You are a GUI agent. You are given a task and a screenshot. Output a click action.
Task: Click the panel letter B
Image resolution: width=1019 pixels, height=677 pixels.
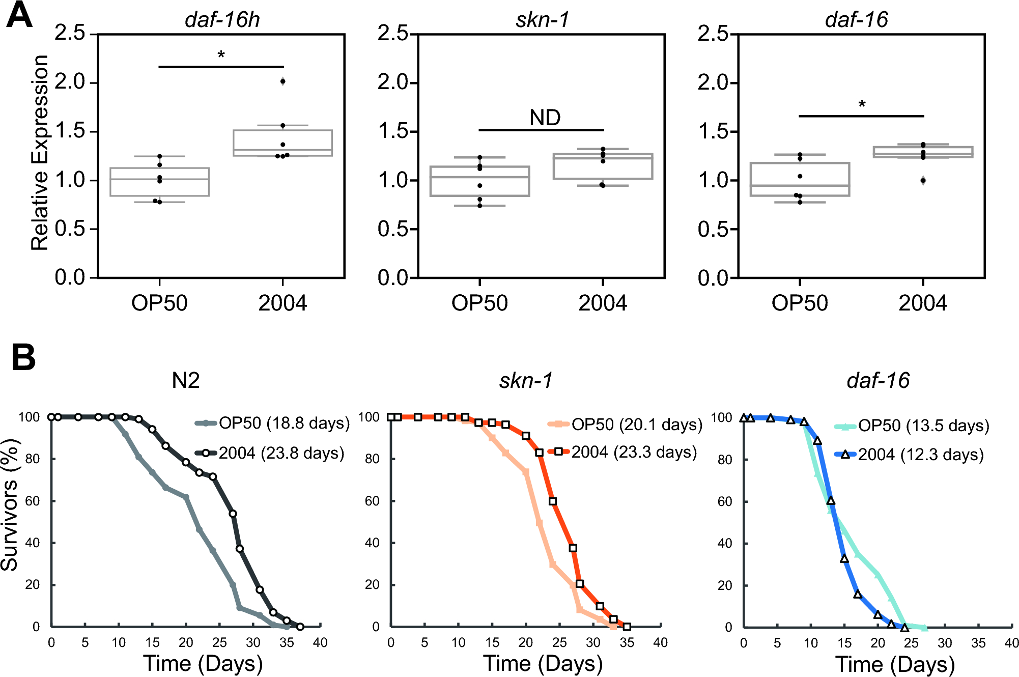[23, 357]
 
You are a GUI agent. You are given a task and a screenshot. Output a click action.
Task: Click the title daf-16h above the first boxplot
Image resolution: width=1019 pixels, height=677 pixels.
[222, 19]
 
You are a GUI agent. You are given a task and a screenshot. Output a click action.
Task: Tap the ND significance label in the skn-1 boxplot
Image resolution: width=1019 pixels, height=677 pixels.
[545, 118]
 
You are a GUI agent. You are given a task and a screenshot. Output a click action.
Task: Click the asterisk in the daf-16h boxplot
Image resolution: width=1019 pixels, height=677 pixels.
[221, 54]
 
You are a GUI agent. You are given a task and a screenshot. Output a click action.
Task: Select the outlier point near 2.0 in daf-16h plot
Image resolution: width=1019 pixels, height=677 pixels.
[283, 81]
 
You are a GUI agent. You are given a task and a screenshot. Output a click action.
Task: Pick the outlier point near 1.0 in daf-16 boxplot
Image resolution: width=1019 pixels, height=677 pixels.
[923, 180]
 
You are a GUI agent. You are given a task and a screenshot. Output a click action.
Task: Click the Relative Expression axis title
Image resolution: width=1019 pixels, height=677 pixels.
[40, 153]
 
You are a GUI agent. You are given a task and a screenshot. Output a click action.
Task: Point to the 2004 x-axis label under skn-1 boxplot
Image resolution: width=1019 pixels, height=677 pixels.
[603, 303]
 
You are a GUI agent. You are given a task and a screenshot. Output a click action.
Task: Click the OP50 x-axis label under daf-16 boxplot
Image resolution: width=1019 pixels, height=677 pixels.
[800, 303]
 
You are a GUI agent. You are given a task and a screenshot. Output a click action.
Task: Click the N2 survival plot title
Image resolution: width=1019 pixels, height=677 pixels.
[186, 380]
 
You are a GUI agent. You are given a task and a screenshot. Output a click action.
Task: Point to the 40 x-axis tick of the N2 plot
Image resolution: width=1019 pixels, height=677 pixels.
[320, 642]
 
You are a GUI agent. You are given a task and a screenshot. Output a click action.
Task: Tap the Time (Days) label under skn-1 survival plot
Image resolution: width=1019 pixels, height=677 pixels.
[543, 664]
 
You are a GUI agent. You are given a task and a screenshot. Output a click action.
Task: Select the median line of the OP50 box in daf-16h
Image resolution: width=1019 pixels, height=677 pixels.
[159, 179]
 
